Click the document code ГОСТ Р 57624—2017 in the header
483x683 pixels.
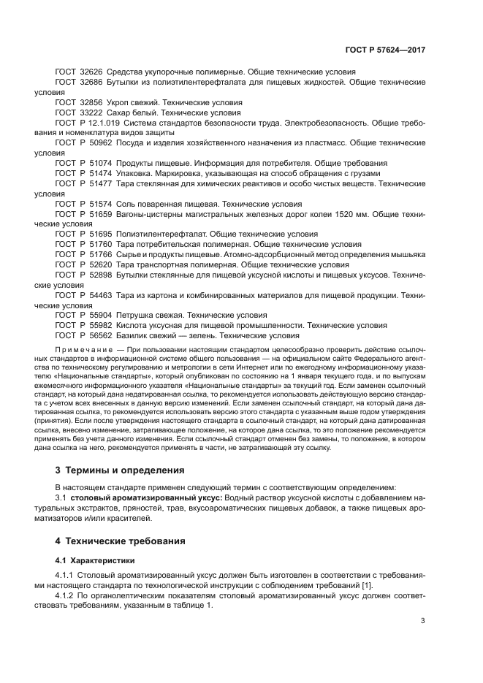[x=385, y=51]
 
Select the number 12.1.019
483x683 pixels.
[x=104, y=124]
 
